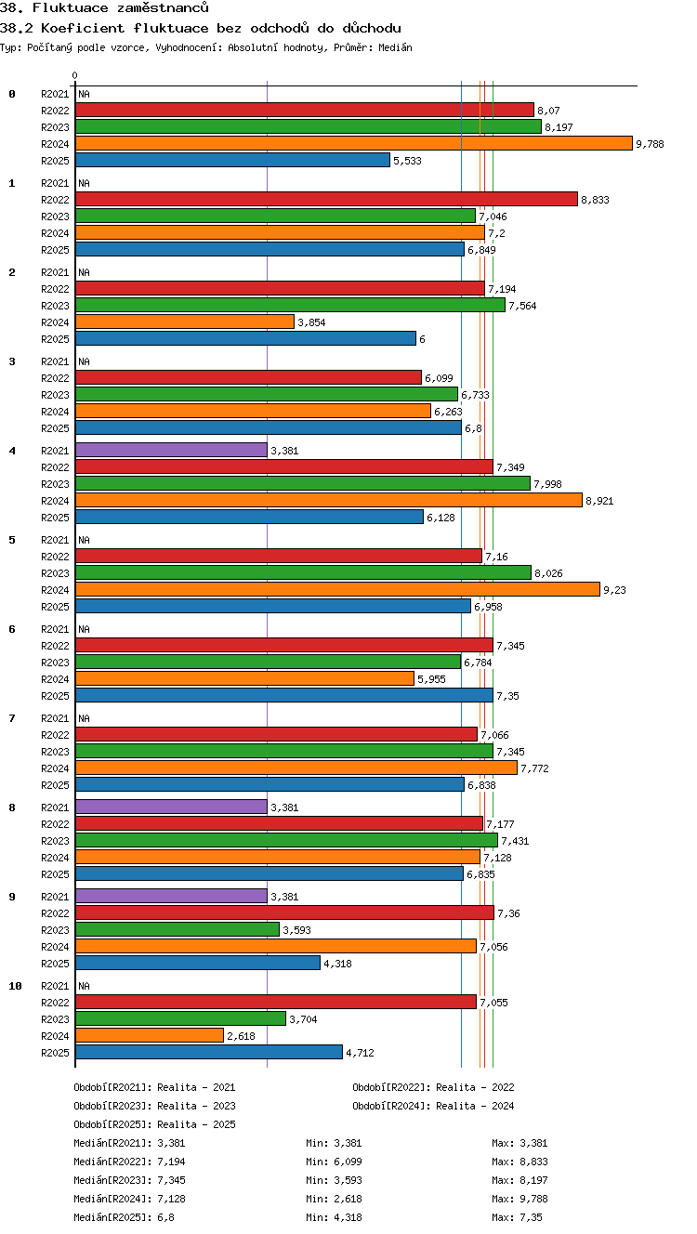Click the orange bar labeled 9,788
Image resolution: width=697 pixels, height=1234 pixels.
tap(354, 143)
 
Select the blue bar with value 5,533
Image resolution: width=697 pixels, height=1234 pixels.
tap(232, 161)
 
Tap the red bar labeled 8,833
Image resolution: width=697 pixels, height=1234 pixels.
tap(327, 200)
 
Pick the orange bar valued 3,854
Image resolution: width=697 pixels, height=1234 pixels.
tap(185, 322)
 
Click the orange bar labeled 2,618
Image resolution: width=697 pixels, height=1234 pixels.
tap(150, 1036)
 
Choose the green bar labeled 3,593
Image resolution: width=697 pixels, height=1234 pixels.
tap(178, 930)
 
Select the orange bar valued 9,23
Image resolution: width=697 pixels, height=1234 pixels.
tap(337, 589)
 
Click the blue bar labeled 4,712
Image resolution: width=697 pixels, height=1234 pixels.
tap(209, 1052)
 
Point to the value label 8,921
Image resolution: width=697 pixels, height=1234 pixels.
tap(599, 501)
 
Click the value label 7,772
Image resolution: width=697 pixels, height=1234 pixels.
tap(534, 768)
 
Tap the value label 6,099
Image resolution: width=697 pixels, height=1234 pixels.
tap(439, 378)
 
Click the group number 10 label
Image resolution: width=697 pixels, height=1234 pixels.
tap(15, 986)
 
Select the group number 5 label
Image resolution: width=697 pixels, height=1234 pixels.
tap(12, 540)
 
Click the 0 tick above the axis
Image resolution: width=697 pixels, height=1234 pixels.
tap(75, 75)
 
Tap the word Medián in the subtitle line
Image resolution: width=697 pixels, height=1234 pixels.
tap(395, 47)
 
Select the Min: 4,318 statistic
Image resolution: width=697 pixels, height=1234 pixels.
tap(334, 1217)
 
